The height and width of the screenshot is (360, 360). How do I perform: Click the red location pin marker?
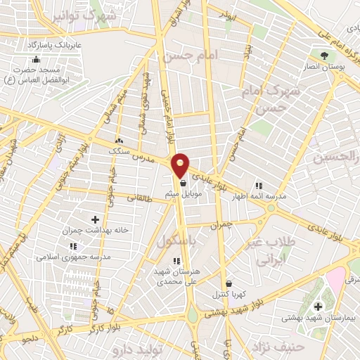pyautogui.click(x=181, y=165)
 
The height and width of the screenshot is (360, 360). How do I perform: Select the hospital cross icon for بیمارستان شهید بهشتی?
pyautogui.click(x=318, y=306)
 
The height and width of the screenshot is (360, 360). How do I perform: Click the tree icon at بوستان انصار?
pyautogui.click(x=323, y=56)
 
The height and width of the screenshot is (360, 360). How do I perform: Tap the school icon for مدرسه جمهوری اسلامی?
pyautogui.click(x=73, y=247)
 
